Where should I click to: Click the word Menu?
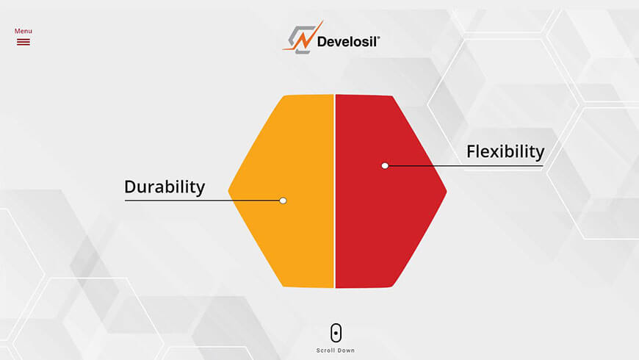pyautogui.click(x=24, y=31)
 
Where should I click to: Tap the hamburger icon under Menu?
pyautogui.click(x=24, y=42)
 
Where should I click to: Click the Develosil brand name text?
pyautogui.click(x=348, y=42)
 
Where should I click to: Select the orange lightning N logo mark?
pyautogui.click(x=303, y=37)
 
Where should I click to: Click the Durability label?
pyautogui.click(x=165, y=187)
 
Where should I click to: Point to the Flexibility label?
pyautogui.click(x=505, y=151)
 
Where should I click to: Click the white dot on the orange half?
pyautogui.click(x=283, y=201)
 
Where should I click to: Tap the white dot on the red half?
pyautogui.click(x=385, y=165)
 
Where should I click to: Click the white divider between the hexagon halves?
pyautogui.click(x=335, y=191)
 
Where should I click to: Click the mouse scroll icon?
pyautogui.click(x=336, y=333)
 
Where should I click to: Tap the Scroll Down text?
pyautogui.click(x=336, y=350)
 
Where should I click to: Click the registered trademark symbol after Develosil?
pyautogui.click(x=378, y=37)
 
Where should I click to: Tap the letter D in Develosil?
pyautogui.click(x=322, y=42)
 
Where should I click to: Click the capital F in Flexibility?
pyautogui.click(x=472, y=151)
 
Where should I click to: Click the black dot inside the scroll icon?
pyautogui.click(x=336, y=333)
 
